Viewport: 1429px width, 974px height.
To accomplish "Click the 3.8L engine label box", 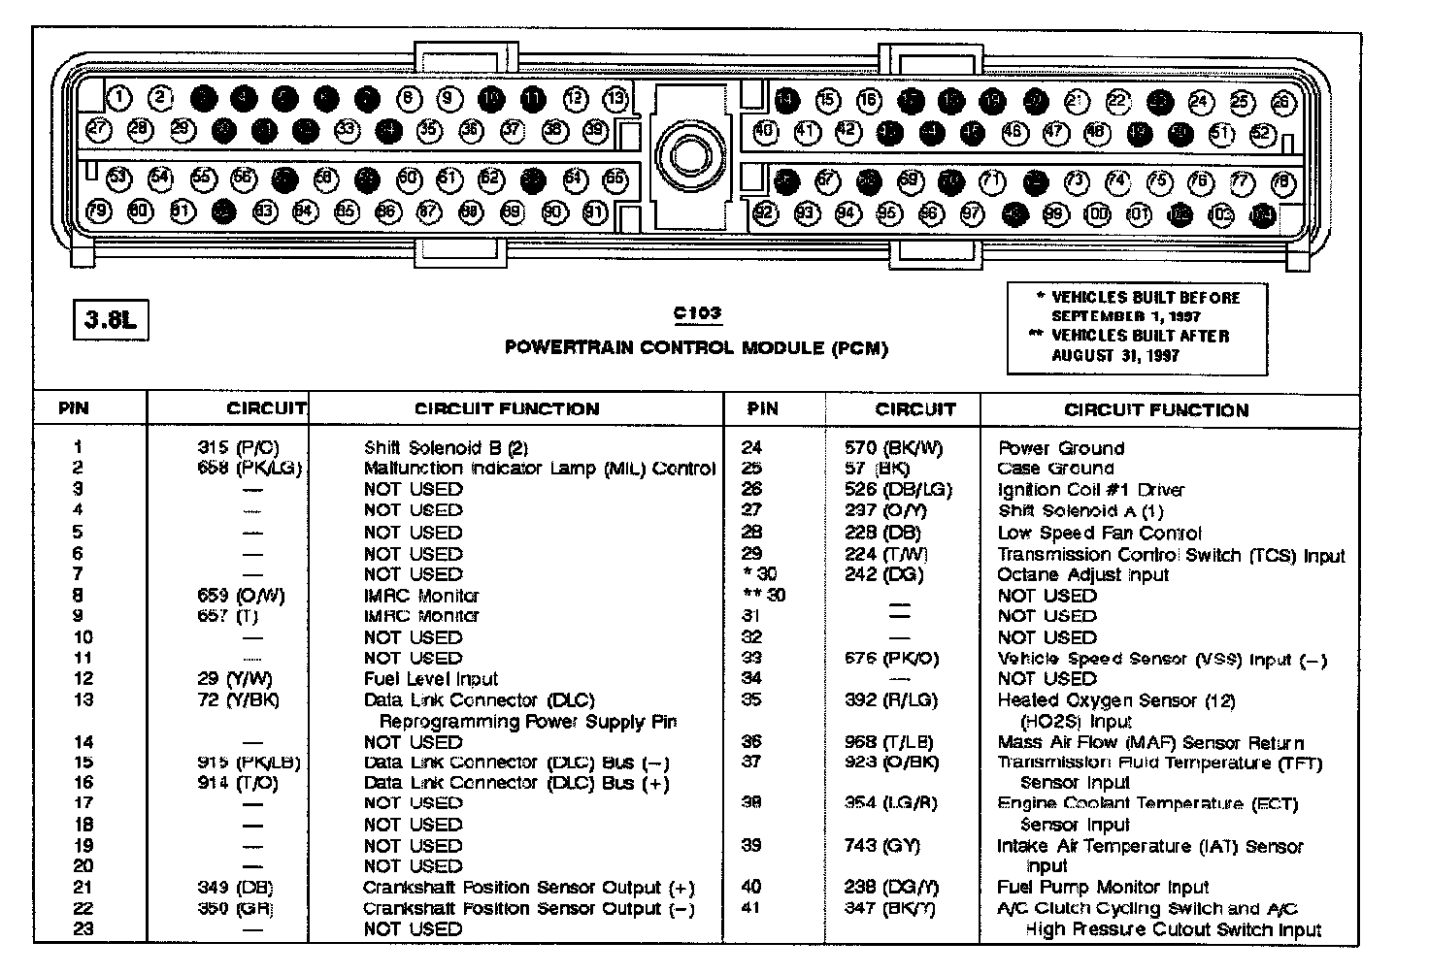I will click(x=110, y=320).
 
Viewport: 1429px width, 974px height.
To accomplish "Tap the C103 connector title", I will click(x=697, y=312).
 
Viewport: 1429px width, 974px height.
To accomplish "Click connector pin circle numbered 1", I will click(x=119, y=97).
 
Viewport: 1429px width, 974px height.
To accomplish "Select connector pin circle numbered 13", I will click(x=616, y=98).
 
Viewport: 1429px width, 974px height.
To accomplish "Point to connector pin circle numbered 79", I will click(x=99, y=210).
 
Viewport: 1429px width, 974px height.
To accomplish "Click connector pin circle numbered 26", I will click(x=1283, y=102).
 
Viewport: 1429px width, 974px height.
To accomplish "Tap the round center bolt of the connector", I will click(x=690, y=155).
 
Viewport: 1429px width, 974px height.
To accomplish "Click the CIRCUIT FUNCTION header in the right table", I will click(x=1156, y=409).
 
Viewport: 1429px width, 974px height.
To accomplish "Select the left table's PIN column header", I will click(x=74, y=408).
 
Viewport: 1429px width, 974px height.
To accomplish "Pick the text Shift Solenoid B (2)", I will click(x=446, y=447).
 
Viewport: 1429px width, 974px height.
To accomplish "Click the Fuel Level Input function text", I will click(x=430, y=679).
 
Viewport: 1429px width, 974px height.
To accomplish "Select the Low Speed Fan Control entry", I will click(x=1099, y=533).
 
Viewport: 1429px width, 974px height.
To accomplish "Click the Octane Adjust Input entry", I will click(x=1082, y=574).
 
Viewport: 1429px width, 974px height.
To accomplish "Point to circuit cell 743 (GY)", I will click(x=881, y=845).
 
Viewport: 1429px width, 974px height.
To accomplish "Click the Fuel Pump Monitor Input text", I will click(x=1103, y=887).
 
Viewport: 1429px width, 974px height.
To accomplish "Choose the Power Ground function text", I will click(x=1061, y=448).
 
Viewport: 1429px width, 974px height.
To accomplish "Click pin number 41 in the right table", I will click(x=750, y=908).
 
